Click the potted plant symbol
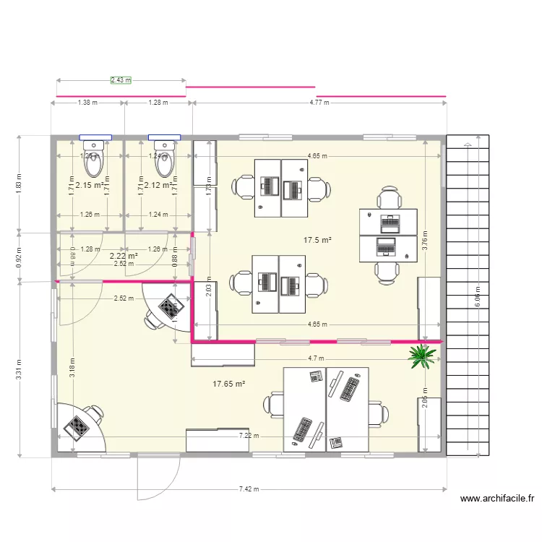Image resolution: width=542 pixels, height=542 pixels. point(422,355)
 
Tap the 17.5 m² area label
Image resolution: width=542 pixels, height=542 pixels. point(317,240)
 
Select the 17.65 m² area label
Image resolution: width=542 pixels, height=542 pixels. point(229,385)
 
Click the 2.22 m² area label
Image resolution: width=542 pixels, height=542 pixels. point(124,255)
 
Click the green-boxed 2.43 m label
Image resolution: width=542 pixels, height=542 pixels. point(121,80)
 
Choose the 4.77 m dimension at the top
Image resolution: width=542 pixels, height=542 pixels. point(319,103)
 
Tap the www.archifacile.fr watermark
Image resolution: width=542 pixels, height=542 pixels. point(496,499)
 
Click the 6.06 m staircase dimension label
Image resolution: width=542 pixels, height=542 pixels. point(477,296)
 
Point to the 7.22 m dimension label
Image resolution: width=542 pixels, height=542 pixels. point(249,436)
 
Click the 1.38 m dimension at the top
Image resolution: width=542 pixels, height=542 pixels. point(87,103)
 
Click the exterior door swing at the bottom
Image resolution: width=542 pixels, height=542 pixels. point(159,477)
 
